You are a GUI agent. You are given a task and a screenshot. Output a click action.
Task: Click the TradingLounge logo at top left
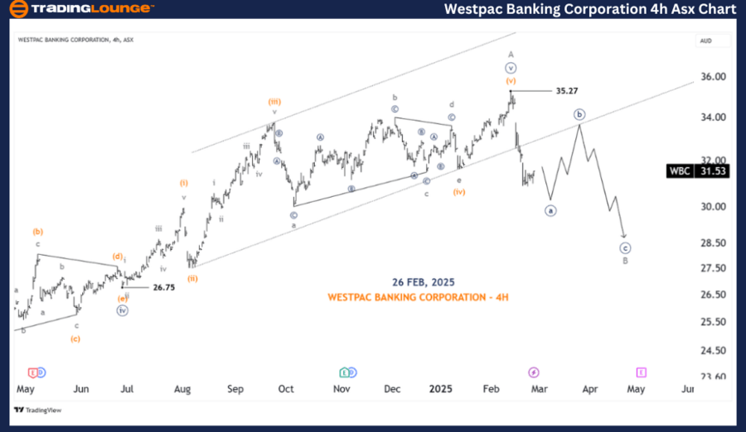81,10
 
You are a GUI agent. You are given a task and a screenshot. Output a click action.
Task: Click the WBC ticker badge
680,171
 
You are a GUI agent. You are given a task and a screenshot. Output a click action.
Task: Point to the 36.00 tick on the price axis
713,77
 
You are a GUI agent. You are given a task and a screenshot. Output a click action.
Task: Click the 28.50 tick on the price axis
713,242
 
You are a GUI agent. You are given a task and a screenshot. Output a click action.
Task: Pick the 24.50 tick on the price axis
713,350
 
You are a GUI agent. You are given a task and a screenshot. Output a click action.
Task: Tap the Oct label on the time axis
286,387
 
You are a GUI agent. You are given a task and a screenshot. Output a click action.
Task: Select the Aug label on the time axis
183,387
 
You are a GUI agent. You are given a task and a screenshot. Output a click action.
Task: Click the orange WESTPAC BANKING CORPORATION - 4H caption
418,296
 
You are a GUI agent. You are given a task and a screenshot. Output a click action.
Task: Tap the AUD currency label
706,40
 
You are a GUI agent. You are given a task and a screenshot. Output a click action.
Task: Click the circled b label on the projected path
580,114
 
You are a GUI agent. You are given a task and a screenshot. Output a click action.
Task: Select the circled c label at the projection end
625,247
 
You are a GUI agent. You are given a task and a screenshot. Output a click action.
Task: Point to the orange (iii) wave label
274,101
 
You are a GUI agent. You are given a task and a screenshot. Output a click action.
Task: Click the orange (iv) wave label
458,192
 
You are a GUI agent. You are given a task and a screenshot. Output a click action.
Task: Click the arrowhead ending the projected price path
623,238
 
